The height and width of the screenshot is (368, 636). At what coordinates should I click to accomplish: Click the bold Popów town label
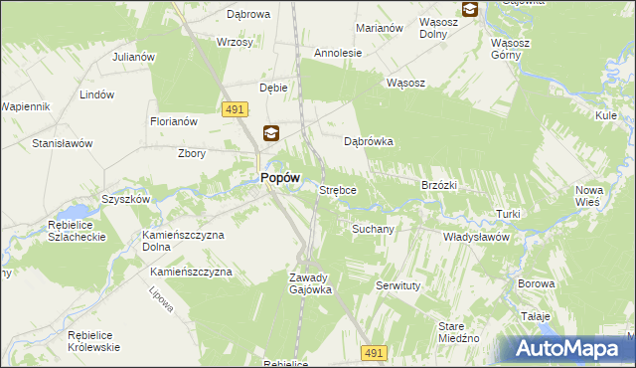(279, 177)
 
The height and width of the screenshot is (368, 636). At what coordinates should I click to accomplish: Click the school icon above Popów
(271, 133)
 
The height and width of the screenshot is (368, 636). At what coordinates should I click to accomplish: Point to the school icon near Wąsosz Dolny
(469, 10)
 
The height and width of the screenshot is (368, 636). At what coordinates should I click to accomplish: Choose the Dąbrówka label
(369, 141)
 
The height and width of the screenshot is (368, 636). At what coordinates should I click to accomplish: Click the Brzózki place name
(438, 185)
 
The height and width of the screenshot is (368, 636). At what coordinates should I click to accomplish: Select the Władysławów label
(476, 238)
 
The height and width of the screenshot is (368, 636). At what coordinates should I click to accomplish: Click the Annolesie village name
(337, 53)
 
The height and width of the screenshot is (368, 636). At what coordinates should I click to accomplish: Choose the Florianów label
(174, 121)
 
